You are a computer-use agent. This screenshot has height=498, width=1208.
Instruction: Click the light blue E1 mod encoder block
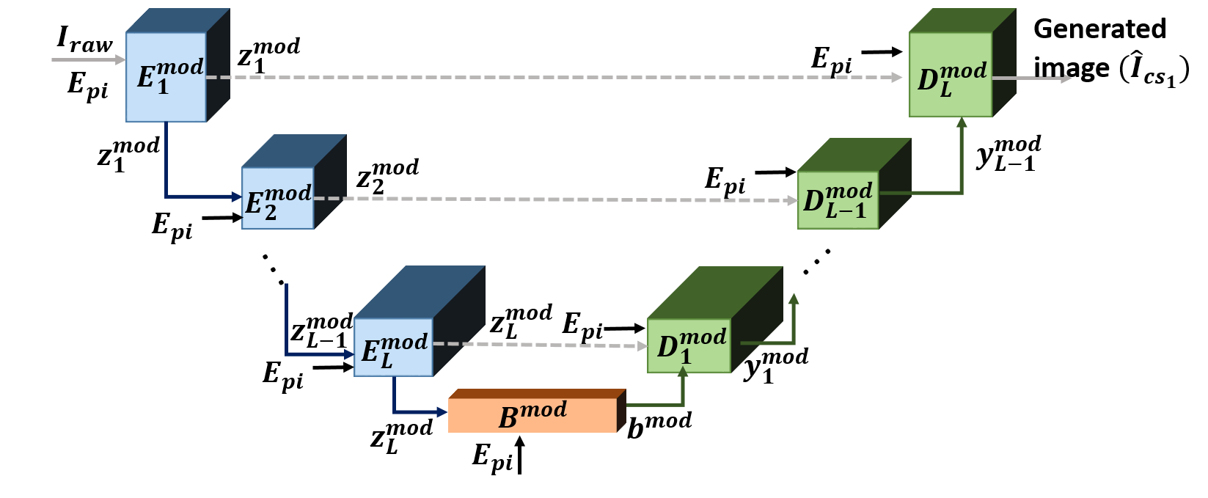166,77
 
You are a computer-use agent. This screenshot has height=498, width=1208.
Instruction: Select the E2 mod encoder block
277,198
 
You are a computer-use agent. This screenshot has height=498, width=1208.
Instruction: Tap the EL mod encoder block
393,347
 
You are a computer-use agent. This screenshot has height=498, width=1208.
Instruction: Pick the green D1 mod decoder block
689,345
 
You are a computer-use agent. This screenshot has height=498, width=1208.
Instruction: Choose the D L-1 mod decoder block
838,200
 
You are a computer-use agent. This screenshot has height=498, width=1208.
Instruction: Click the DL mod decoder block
950,75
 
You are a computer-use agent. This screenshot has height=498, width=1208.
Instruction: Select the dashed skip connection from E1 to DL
550,77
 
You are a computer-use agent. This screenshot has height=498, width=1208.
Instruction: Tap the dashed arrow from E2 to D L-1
550,199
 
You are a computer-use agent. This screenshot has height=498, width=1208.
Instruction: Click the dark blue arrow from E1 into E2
167,176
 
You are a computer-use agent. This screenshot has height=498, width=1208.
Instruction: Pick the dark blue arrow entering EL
287,330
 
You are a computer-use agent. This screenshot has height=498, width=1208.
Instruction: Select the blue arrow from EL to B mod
411,411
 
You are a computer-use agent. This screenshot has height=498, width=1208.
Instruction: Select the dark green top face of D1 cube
715,292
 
